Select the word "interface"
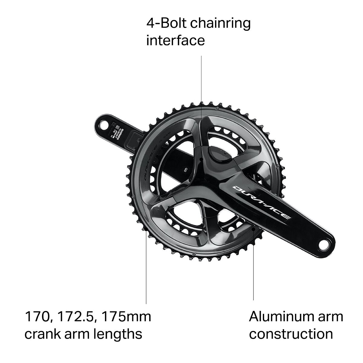175,40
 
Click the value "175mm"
126,317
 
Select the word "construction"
291,334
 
